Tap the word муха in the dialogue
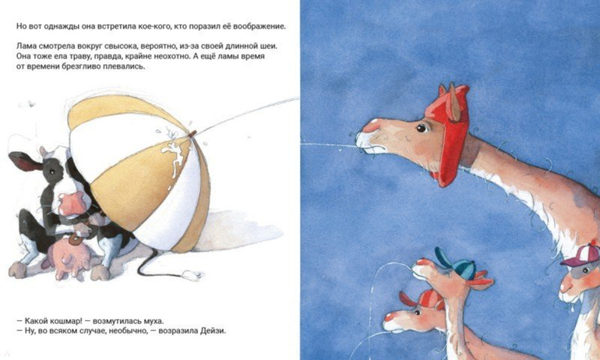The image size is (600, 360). [x=153, y=320]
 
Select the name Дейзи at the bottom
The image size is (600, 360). [x=213, y=330]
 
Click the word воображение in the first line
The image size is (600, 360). [x=259, y=26]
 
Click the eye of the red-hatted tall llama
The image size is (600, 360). [x=422, y=128]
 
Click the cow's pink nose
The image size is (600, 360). [x=72, y=203]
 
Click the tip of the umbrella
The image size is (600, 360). [x=192, y=133]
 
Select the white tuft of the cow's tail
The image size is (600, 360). [x=192, y=275]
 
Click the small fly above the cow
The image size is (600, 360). [x=30, y=104]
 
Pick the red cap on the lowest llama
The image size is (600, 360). [x=425, y=299]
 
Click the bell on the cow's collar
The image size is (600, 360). [x=75, y=240]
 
